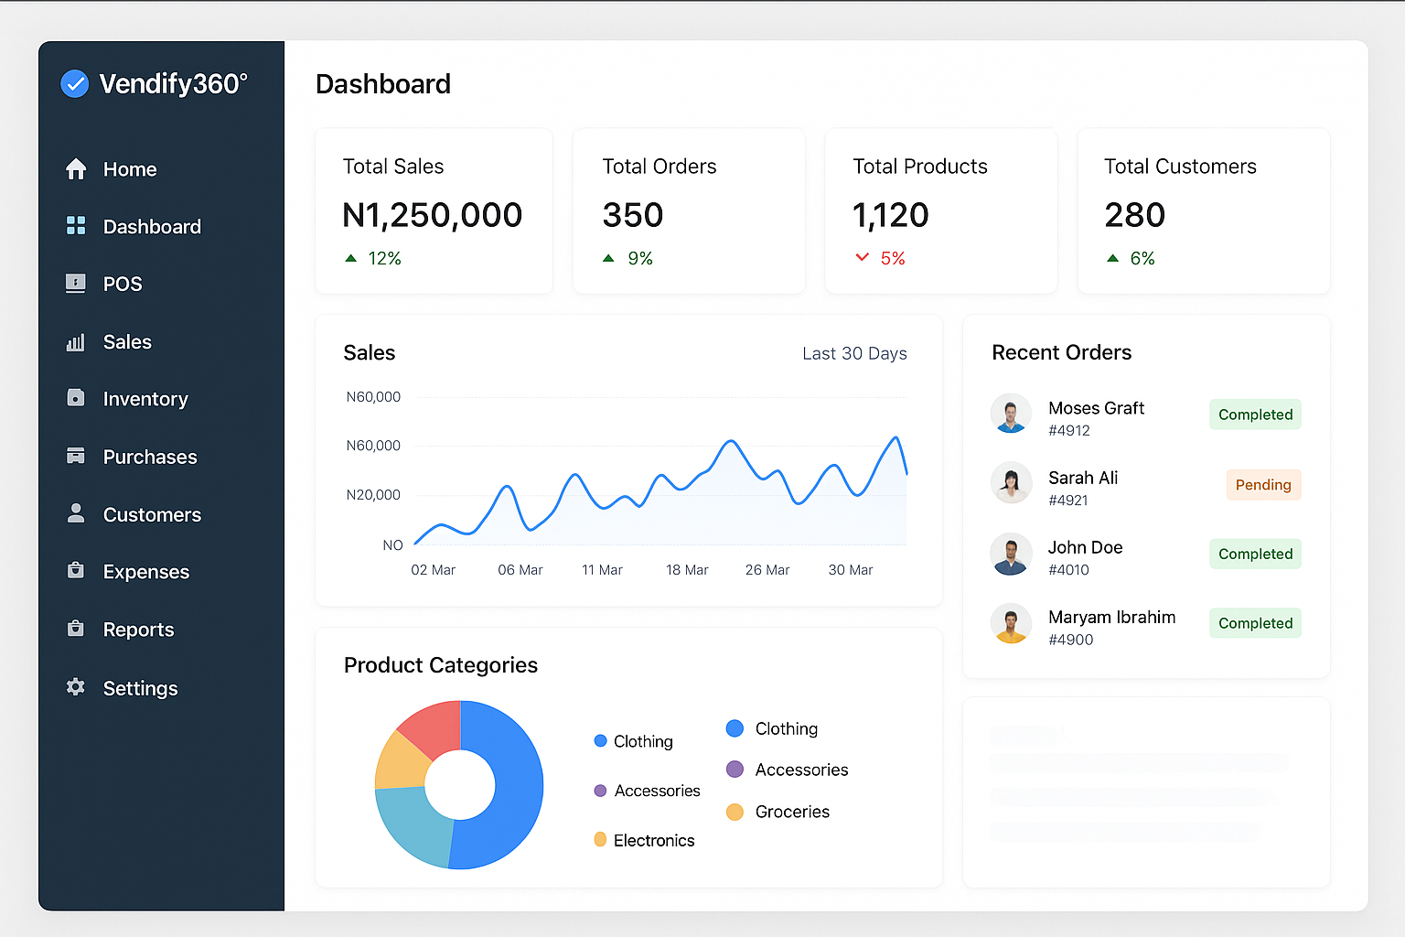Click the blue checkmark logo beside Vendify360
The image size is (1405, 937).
[74, 84]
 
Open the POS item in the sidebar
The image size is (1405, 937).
[122, 284]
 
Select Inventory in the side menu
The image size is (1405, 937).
[145, 399]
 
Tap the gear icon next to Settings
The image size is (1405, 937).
[76, 687]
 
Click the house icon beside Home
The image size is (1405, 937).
[76, 169]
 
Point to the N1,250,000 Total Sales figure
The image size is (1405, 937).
[432, 215]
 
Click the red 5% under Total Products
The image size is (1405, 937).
[892, 259]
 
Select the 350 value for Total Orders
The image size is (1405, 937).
[632, 215]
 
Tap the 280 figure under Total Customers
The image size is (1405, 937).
[1134, 215]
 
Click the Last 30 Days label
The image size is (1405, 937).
[854, 353]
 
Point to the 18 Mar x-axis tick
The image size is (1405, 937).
[687, 570]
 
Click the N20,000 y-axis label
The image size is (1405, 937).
[373, 495]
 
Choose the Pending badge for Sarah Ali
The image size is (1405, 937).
[1263, 485]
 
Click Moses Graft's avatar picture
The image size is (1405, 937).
[1011, 414]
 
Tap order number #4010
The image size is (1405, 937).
[1068, 570]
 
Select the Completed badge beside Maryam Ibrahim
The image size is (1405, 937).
[1255, 623]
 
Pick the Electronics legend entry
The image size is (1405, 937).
[653, 840]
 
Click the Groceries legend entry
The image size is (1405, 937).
[791, 812]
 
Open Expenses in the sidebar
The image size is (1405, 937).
[145, 572]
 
